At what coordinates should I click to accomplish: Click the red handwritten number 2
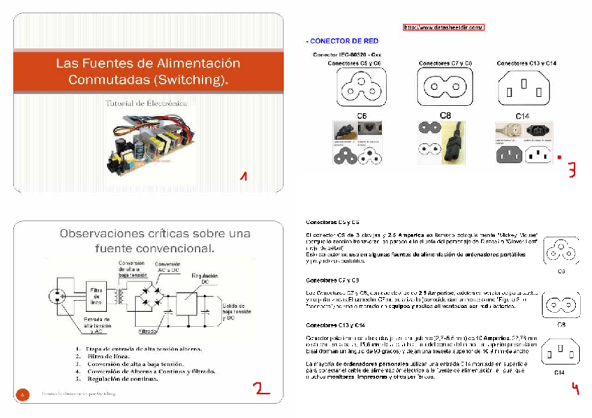point(261,387)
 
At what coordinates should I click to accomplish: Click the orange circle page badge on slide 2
point(23,394)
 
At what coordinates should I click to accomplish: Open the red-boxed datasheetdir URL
point(443,27)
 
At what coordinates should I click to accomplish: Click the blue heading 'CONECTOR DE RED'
point(342,41)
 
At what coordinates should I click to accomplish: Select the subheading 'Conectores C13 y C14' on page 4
point(336,325)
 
